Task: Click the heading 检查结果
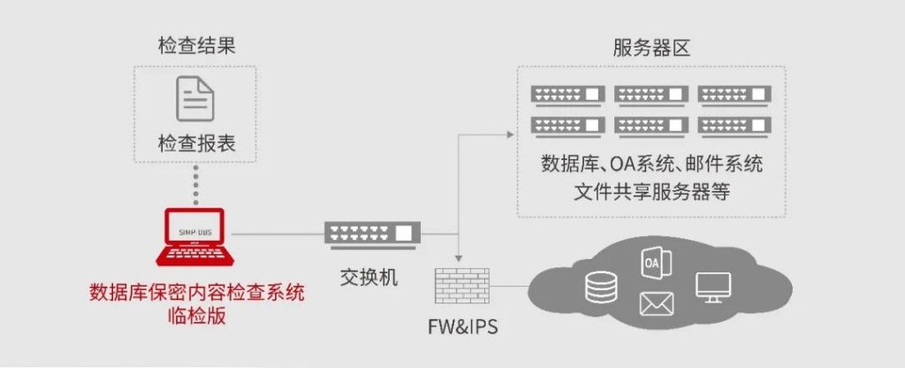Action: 197,46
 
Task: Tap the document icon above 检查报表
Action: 195,99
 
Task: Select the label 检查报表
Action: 197,144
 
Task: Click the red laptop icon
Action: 195,237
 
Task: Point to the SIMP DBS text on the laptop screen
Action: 194,233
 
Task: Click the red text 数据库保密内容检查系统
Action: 196,294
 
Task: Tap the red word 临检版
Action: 196,318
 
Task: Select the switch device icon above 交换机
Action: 373,234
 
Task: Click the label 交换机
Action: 369,278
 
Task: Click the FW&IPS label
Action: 462,327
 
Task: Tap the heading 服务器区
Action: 651,49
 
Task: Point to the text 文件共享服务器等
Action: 651,192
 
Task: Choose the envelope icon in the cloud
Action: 657,304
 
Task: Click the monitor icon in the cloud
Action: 713,287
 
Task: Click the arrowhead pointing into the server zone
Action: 510,134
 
